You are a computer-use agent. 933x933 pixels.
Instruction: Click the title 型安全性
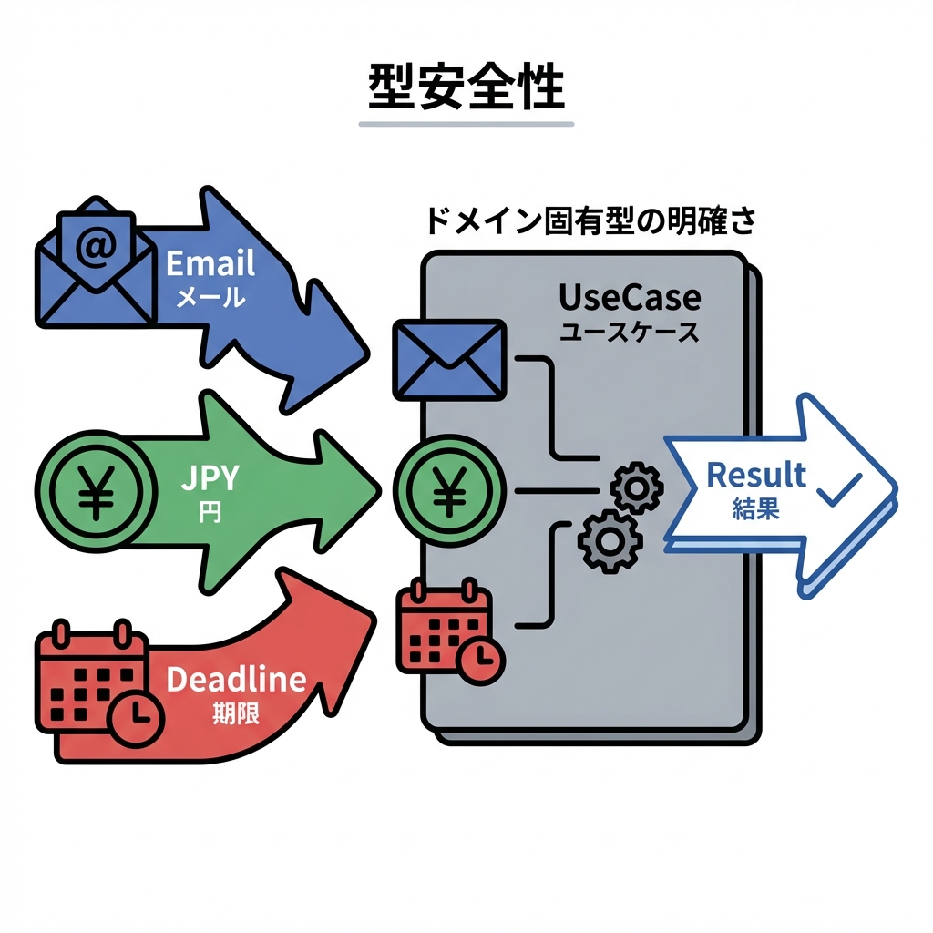[466, 89]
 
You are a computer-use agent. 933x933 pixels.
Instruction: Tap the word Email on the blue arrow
[210, 264]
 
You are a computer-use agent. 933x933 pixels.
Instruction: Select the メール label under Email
[210, 297]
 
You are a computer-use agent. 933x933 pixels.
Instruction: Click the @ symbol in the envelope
[95, 249]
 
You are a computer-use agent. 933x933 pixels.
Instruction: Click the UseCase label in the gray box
[630, 298]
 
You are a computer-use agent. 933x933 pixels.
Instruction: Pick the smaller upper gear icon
[635, 488]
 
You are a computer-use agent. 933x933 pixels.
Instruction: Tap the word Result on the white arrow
[756, 475]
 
